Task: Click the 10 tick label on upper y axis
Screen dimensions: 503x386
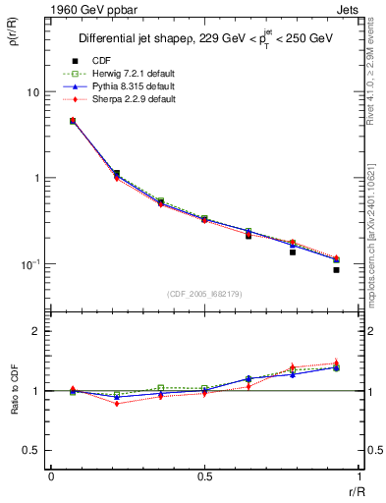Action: coord(32,92)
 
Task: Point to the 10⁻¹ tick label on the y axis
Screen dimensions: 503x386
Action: coord(31,263)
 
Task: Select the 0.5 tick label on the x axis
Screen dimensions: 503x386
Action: coord(204,477)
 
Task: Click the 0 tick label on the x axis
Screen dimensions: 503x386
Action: coord(51,477)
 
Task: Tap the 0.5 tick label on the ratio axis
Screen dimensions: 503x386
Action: coord(32,450)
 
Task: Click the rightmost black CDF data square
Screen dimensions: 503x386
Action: coord(336,269)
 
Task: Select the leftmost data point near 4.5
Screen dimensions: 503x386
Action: coord(73,121)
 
